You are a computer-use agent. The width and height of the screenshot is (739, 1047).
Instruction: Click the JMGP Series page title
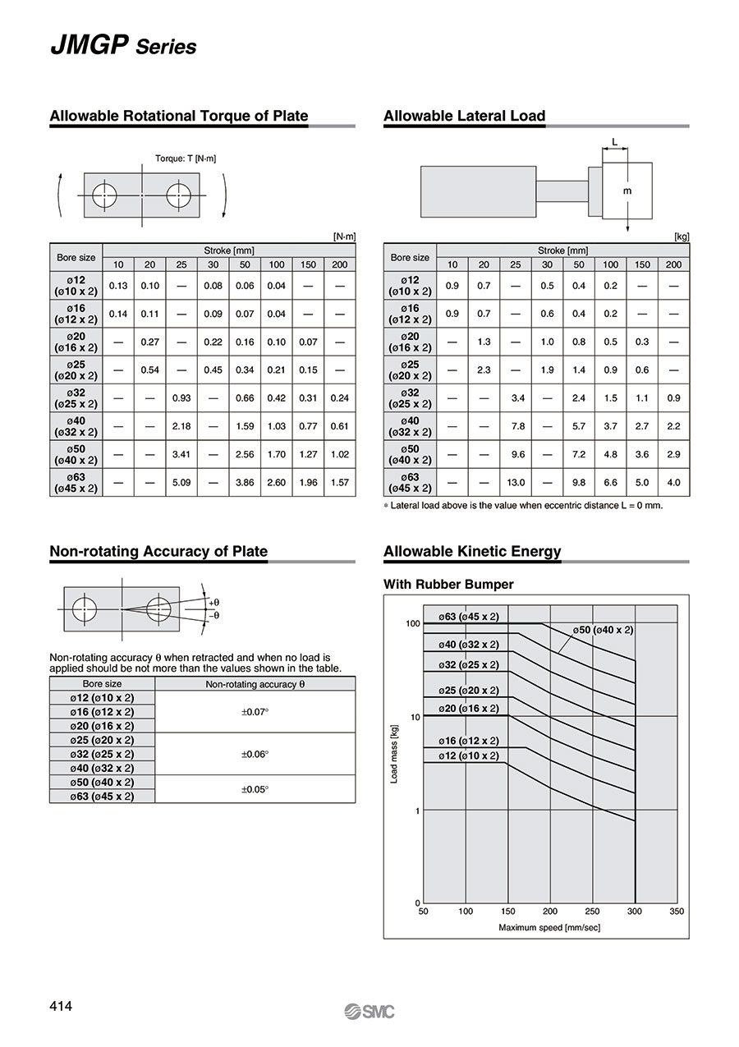click(x=123, y=45)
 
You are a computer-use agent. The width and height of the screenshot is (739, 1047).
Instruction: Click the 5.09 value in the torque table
click(x=181, y=482)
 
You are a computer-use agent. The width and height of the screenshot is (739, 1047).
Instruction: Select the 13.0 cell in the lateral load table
click(x=516, y=482)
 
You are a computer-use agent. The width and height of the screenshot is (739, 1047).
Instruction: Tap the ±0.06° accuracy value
click(x=255, y=753)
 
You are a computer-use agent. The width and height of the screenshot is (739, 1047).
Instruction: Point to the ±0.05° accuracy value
click(x=255, y=788)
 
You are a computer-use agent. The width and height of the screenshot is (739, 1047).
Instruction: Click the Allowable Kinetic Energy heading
click(x=472, y=552)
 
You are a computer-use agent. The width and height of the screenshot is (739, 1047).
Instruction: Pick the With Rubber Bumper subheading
click(x=448, y=585)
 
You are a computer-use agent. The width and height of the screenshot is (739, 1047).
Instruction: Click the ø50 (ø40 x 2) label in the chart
click(x=604, y=630)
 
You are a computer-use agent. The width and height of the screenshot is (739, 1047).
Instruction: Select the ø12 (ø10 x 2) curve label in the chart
click(x=468, y=755)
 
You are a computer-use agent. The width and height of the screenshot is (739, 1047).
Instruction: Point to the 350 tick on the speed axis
click(x=677, y=911)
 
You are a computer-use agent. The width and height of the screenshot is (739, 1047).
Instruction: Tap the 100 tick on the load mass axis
click(x=412, y=624)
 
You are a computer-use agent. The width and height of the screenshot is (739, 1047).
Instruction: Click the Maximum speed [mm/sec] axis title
click(x=550, y=927)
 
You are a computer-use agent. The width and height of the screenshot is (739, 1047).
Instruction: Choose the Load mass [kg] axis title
click(x=394, y=753)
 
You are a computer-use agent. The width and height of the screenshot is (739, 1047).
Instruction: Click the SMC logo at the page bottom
click(x=369, y=1011)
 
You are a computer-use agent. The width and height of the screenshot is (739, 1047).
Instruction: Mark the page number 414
click(x=61, y=1007)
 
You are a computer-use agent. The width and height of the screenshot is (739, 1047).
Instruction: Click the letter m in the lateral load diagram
click(x=628, y=190)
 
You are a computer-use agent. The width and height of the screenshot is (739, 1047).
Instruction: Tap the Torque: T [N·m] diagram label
click(x=186, y=158)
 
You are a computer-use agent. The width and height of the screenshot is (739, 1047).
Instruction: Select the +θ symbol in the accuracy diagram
click(x=213, y=602)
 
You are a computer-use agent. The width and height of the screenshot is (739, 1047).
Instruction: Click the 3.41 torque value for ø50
click(x=181, y=454)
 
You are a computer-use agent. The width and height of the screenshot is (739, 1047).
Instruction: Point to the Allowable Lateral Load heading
click(x=464, y=117)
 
